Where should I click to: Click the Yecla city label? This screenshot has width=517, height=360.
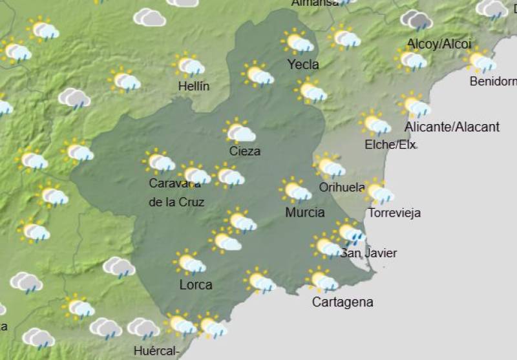coord(303,65)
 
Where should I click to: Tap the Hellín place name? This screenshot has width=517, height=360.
coord(194,86)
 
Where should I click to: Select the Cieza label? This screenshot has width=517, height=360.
coord(245,151)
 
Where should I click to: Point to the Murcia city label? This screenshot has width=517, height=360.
coord(304,212)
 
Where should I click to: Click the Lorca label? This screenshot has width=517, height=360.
coord(195,284)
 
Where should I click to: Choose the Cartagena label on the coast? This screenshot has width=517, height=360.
coord(343,302)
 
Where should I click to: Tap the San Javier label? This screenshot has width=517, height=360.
coord(368,253)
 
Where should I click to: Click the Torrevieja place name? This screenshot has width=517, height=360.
coord(394,213)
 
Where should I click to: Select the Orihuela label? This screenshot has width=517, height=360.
coord(342,187)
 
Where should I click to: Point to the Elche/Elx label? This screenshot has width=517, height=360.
coord(390,144)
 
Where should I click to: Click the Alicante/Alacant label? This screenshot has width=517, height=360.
coord(452,127)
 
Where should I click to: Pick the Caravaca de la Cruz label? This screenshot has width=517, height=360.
coord(176,193)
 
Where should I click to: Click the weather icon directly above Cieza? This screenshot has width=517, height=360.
coord(240,132)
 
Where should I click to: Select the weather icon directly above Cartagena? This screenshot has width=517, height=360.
coord(322,281)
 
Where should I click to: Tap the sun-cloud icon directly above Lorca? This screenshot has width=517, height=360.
coord(190,262)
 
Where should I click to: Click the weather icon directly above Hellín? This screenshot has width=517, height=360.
coord(189,65)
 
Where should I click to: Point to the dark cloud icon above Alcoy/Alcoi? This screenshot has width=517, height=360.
coord(417,20)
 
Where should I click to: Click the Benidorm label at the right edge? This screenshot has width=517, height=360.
coord(493,81)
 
